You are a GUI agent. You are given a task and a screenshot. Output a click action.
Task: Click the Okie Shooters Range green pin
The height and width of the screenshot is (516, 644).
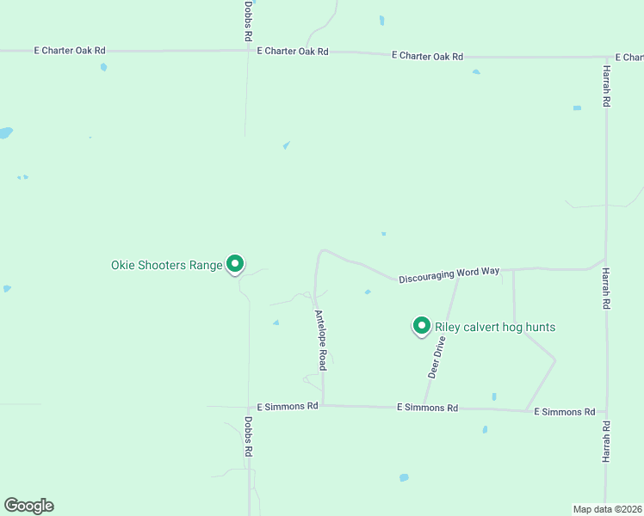click(x=235, y=264)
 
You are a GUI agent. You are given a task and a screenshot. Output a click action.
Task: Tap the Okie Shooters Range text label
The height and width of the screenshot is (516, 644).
click(x=167, y=265)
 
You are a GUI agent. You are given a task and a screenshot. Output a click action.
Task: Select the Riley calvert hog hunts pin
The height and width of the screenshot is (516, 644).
click(x=421, y=326)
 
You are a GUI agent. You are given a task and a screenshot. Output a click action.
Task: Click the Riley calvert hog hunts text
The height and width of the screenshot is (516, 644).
click(x=495, y=327)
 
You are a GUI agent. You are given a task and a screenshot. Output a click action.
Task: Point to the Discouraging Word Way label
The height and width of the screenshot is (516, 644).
click(x=449, y=273)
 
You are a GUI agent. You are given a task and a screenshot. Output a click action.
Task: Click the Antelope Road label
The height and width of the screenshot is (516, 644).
click(x=320, y=340)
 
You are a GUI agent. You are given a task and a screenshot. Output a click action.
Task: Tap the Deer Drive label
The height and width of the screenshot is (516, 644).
click(x=437, y=357)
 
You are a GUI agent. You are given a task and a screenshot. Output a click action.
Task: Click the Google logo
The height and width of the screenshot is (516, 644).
click(x=29, y=506)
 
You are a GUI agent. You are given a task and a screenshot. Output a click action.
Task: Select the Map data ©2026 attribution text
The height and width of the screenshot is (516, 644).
click(x=608, y=509)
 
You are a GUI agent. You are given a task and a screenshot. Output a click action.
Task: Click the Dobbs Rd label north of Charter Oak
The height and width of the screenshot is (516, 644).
click(x=248, y=21)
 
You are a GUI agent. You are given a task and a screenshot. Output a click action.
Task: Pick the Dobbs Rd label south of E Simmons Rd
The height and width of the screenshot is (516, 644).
click(x=248, y=437)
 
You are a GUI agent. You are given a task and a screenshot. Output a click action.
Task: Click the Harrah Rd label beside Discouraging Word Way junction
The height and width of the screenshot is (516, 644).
click(x=607, y=289)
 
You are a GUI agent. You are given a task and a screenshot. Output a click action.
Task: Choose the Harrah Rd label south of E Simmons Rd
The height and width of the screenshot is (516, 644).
click(x=607, y=443)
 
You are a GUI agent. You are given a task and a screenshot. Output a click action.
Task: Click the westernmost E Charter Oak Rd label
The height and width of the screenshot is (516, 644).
click(x=70, y=51)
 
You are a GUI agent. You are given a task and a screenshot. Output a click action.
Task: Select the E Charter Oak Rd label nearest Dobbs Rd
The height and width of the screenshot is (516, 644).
click(x=293, y=52)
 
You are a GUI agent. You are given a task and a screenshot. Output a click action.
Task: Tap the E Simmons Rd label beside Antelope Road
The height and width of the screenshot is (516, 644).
click(x=288, y=406)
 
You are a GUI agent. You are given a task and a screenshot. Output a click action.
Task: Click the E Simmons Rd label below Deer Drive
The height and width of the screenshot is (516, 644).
click(x=427, y=408)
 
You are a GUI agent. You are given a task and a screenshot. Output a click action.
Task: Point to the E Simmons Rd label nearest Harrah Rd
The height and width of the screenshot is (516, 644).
click(x=565, y=412)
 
